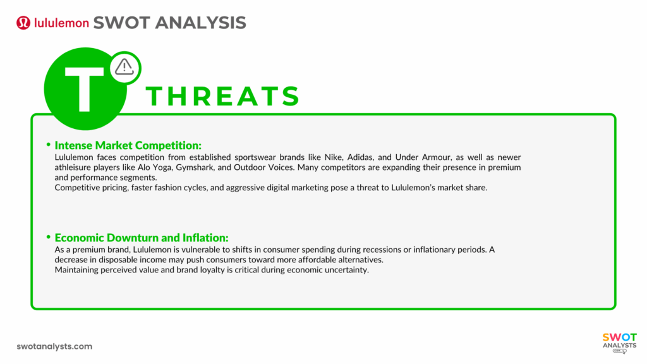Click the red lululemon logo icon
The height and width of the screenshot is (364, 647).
pos(23,23)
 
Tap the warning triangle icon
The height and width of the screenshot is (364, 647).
pos(124,67)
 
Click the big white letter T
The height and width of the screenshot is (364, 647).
pos(84,88)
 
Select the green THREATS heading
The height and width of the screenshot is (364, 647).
pos(223,96)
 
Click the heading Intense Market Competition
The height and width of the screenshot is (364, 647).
pos(128,145)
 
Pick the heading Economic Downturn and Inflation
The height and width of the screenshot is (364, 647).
pos(142,238)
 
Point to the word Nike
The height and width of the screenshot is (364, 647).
pos(333,157)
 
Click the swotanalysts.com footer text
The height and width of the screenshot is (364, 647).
pos(54,346)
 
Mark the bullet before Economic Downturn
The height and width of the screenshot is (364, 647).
pos(48,237)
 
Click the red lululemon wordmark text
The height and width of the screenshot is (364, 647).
pos(61,23)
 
